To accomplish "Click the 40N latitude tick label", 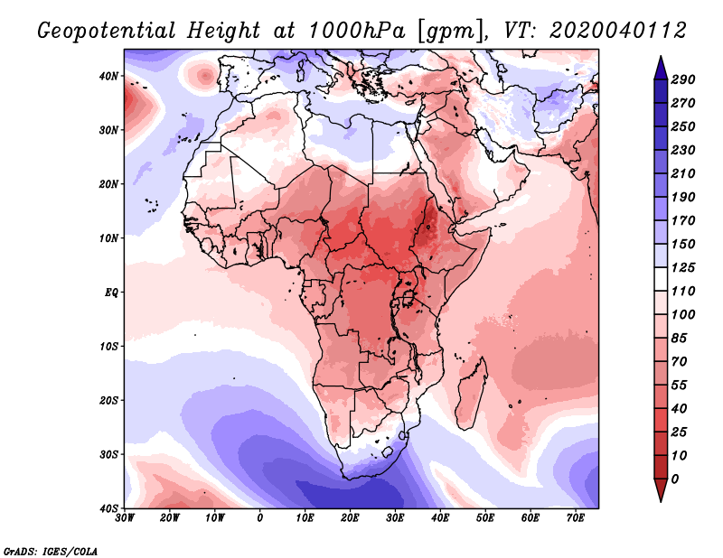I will click(x=108, y=76).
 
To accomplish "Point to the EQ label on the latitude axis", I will click(x=111, y=293).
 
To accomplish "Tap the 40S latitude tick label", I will click(x=108, y=508).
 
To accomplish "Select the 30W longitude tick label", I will click(x=125, y=518).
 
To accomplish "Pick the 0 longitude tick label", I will click(x=260, y=518).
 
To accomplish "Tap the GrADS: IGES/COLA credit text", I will click(x=51, y=551).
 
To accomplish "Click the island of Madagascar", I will click(x=471, y=397).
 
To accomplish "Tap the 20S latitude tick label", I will click(x=108, y=400).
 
